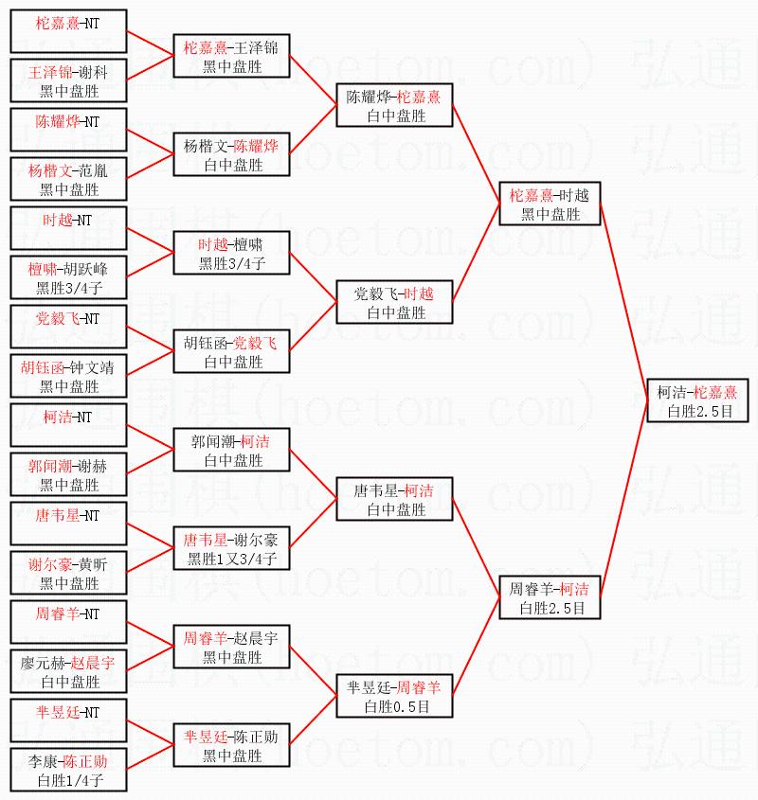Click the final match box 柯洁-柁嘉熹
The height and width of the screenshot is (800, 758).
(695, 401)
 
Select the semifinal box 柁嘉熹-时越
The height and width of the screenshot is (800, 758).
(550, 204)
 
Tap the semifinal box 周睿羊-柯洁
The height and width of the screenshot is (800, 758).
(550, 598)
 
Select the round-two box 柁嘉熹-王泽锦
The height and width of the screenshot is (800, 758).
(231, 57)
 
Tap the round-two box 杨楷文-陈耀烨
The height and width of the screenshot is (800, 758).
(231, 155)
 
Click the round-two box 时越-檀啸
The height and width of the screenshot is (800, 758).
(231, 254)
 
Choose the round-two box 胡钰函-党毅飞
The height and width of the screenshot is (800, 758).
(231, 352)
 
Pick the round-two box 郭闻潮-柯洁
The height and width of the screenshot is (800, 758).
(231, 451)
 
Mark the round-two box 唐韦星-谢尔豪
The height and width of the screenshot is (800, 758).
(231, 549)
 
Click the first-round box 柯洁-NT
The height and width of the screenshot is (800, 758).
(68, 426)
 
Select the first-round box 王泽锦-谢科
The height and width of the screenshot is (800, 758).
(68, 81)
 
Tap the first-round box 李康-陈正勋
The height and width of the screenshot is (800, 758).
(68, 771)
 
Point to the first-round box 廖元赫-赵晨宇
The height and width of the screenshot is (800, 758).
(68, 672)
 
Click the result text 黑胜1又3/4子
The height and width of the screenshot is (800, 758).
(231, 560)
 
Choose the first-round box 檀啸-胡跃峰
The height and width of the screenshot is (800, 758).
(68, 278)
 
